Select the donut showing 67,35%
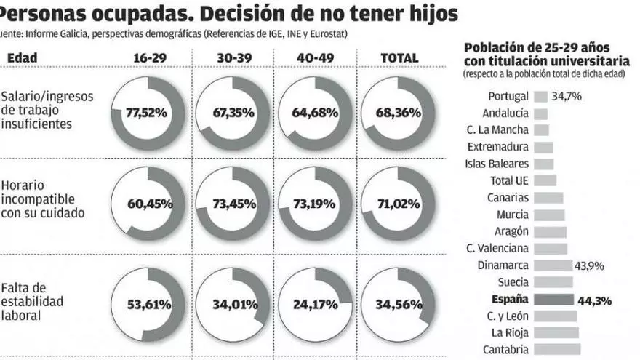[x=233, y=113]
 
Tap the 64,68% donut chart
[x=316, y=113]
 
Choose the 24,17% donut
[x=316, y=304]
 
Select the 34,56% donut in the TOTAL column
[x=397, y=304]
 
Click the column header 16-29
[x=151, y=58]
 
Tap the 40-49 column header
[x=316, y=58]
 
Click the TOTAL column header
[x=399, y=58]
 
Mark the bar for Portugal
[x=541, y=96]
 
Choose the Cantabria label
[x=506, y=349]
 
